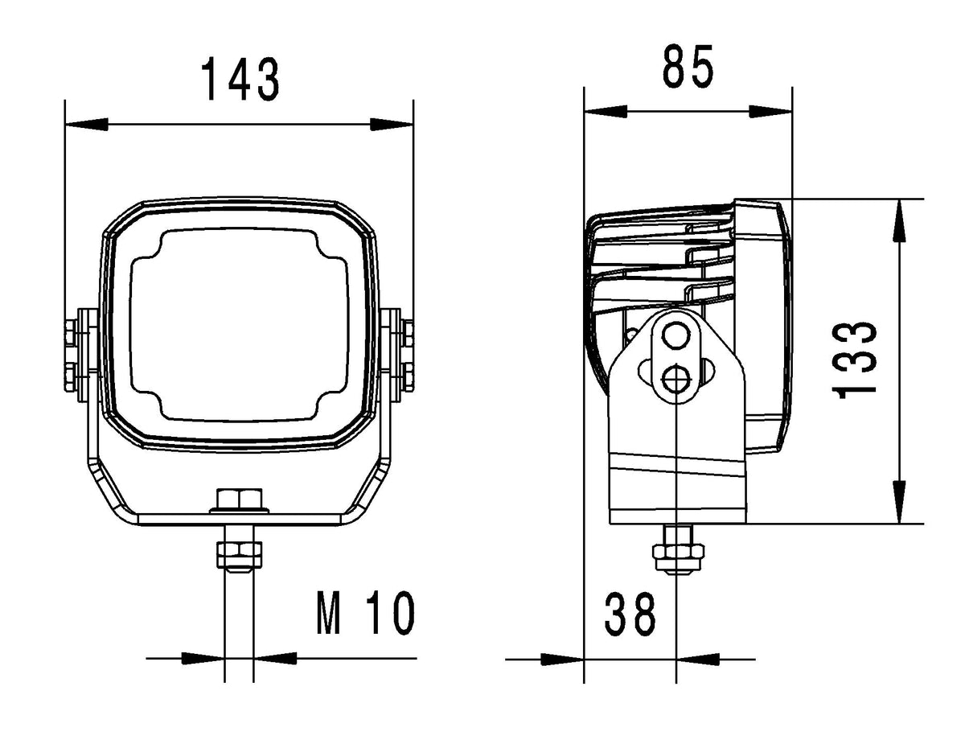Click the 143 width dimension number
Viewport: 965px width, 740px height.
point(240,79)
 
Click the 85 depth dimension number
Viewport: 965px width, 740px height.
point(688,66)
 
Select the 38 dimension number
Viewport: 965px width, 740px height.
point(630,614)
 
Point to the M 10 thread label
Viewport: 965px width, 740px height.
point(365,613)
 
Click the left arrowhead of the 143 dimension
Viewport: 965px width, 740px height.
point(87,124)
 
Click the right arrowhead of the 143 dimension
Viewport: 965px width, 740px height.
point(392,124)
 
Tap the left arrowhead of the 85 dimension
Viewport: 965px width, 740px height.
point(606,111)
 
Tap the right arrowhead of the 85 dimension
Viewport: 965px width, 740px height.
point(770,111)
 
